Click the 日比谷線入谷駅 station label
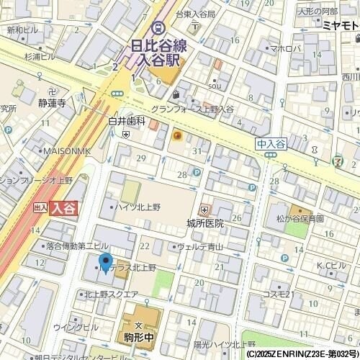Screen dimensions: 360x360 (x=158, y=53)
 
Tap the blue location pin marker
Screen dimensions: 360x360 (x=105, y=264)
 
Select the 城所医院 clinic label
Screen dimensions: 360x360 (x=204, y=223)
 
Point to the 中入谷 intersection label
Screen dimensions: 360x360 (x=271, y=144)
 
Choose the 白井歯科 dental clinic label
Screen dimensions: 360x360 (x=127, y=122)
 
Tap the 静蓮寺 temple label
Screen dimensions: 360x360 (x=52, y=103)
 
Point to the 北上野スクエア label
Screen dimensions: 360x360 (x=111, y=294)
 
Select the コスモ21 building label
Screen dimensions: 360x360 (x=276, y=294)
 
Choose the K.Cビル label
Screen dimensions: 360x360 (x=331, y=266)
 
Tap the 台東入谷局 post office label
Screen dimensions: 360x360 (x=196, y=14)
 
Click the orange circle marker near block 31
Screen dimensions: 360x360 (x=177, y=135)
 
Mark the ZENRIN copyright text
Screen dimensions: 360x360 (x=302, y=354)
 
